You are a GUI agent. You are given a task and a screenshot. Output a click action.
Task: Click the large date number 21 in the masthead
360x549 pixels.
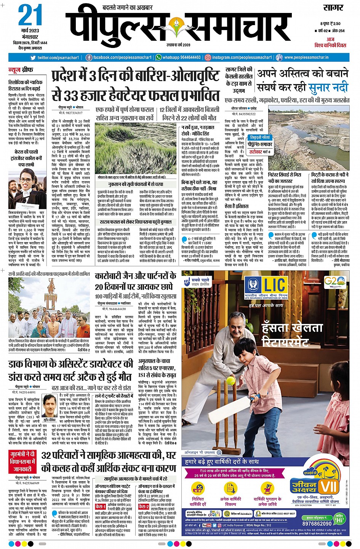30,16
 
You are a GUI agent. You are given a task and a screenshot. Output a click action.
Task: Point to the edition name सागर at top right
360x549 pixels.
333,8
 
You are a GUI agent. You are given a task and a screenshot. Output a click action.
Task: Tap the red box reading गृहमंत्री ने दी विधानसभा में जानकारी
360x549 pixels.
22,461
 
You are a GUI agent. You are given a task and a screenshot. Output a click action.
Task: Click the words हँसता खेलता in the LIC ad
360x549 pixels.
292,328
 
